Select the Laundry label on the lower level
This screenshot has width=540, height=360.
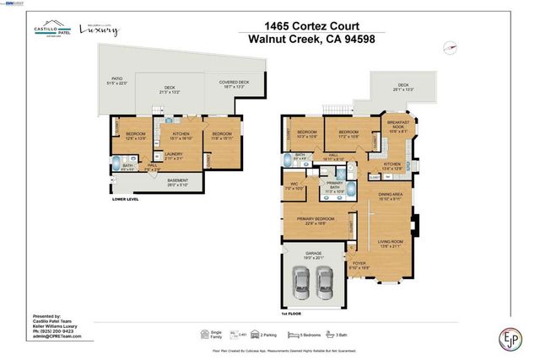(175, 155)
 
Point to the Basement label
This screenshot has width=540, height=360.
(178, 184)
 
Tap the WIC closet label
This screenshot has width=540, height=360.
(294, 186)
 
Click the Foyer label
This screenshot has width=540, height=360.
(359, 264)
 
